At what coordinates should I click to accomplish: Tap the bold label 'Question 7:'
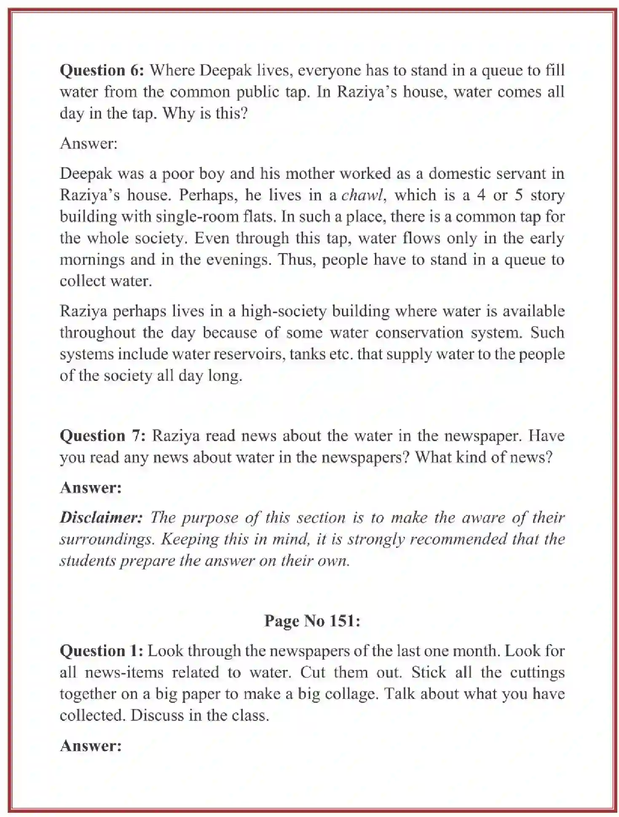(x=103, y=435)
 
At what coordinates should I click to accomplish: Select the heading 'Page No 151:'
(x=312, y=621)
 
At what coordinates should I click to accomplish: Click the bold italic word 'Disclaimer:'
(x=101, y=518)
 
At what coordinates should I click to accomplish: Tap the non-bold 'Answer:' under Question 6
(x=88, y=143)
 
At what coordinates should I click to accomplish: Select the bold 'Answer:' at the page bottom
(x=91, y=746)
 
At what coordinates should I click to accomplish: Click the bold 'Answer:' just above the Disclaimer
(x=91, y=488)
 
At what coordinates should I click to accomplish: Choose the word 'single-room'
(x=193, y=217)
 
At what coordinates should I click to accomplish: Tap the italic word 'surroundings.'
(x=107, y=539)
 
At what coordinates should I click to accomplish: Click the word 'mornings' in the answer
(x=92, y=260)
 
